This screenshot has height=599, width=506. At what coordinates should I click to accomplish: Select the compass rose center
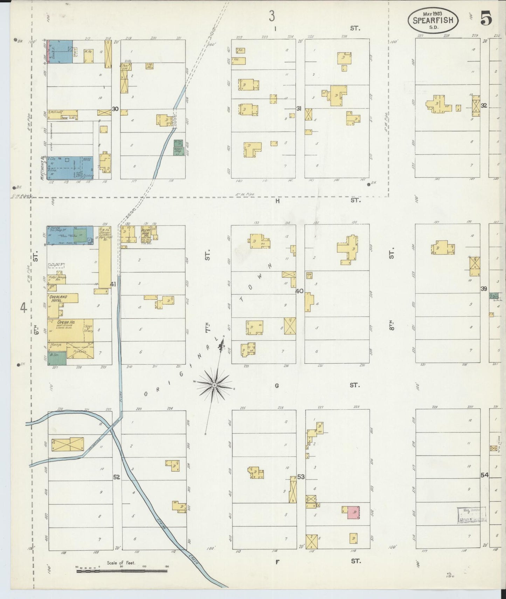click(x=214, y=385)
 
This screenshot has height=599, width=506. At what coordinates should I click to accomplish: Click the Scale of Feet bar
click(x=122, y=571)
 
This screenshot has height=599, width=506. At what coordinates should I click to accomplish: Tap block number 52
click(x=117, y=477)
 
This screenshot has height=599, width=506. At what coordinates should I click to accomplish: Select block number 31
click(x=299, y=109)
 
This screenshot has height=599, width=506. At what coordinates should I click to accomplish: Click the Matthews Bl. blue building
click(x=70, y=168)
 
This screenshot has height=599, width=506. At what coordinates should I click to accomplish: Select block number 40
click(x=299, y=291)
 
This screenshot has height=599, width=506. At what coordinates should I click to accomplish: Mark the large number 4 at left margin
click(x=23, y=308)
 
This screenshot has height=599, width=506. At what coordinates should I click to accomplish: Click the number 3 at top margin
click(x=271, y=15)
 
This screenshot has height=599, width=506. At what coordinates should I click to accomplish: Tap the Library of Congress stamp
click(x=471, y=516)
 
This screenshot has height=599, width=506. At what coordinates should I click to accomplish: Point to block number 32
click(x=484, y=105)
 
